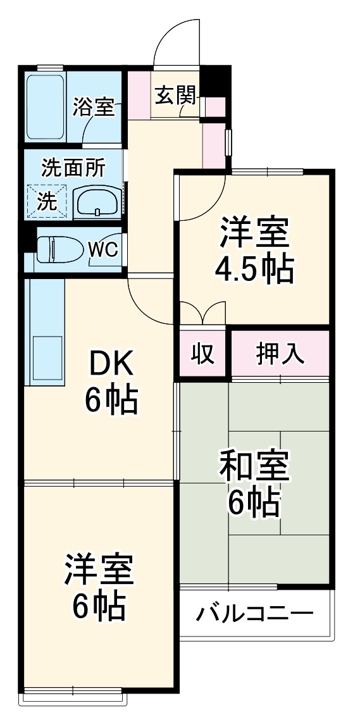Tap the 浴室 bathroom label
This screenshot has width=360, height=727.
(x=94, y=106)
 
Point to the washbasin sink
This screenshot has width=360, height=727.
(x=97, y=202)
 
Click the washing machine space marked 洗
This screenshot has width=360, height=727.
(x=46, y=201)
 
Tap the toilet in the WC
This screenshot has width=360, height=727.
(x=56, y=249)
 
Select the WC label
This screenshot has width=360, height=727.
(x=103, y=249)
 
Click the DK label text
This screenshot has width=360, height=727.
(x=111, y=365)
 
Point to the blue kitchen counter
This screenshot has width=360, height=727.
(x=44, y=332)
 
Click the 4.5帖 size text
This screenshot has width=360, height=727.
(x=254, y=270)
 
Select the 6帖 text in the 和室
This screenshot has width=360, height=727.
(x=254, y=503)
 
